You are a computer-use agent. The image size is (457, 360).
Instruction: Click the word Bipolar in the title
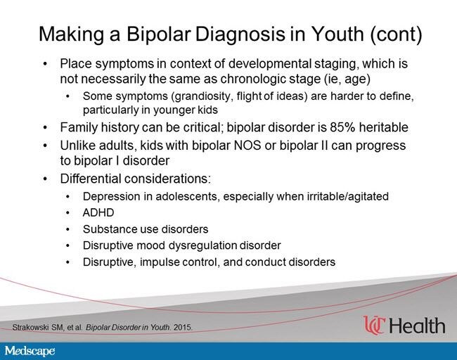pyautogui.click(x=159, y=34)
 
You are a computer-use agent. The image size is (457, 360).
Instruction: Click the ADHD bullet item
pyautogui.click(x=98, y=212)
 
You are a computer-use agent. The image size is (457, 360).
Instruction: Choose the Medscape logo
pyautogui.click(x=30, y=351)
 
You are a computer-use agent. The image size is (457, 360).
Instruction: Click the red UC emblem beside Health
pyautogui.click(x=374, y=325)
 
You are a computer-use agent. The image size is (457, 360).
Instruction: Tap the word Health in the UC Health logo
pyautogui.click(x=417, y=326)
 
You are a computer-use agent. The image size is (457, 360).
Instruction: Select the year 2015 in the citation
pyautogui.click(x=183, y=328)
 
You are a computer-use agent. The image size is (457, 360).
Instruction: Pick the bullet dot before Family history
pyautogui.click(x=45, y=128)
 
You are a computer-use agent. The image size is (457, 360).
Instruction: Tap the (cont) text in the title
pyautogui.click(x=396, y=34)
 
